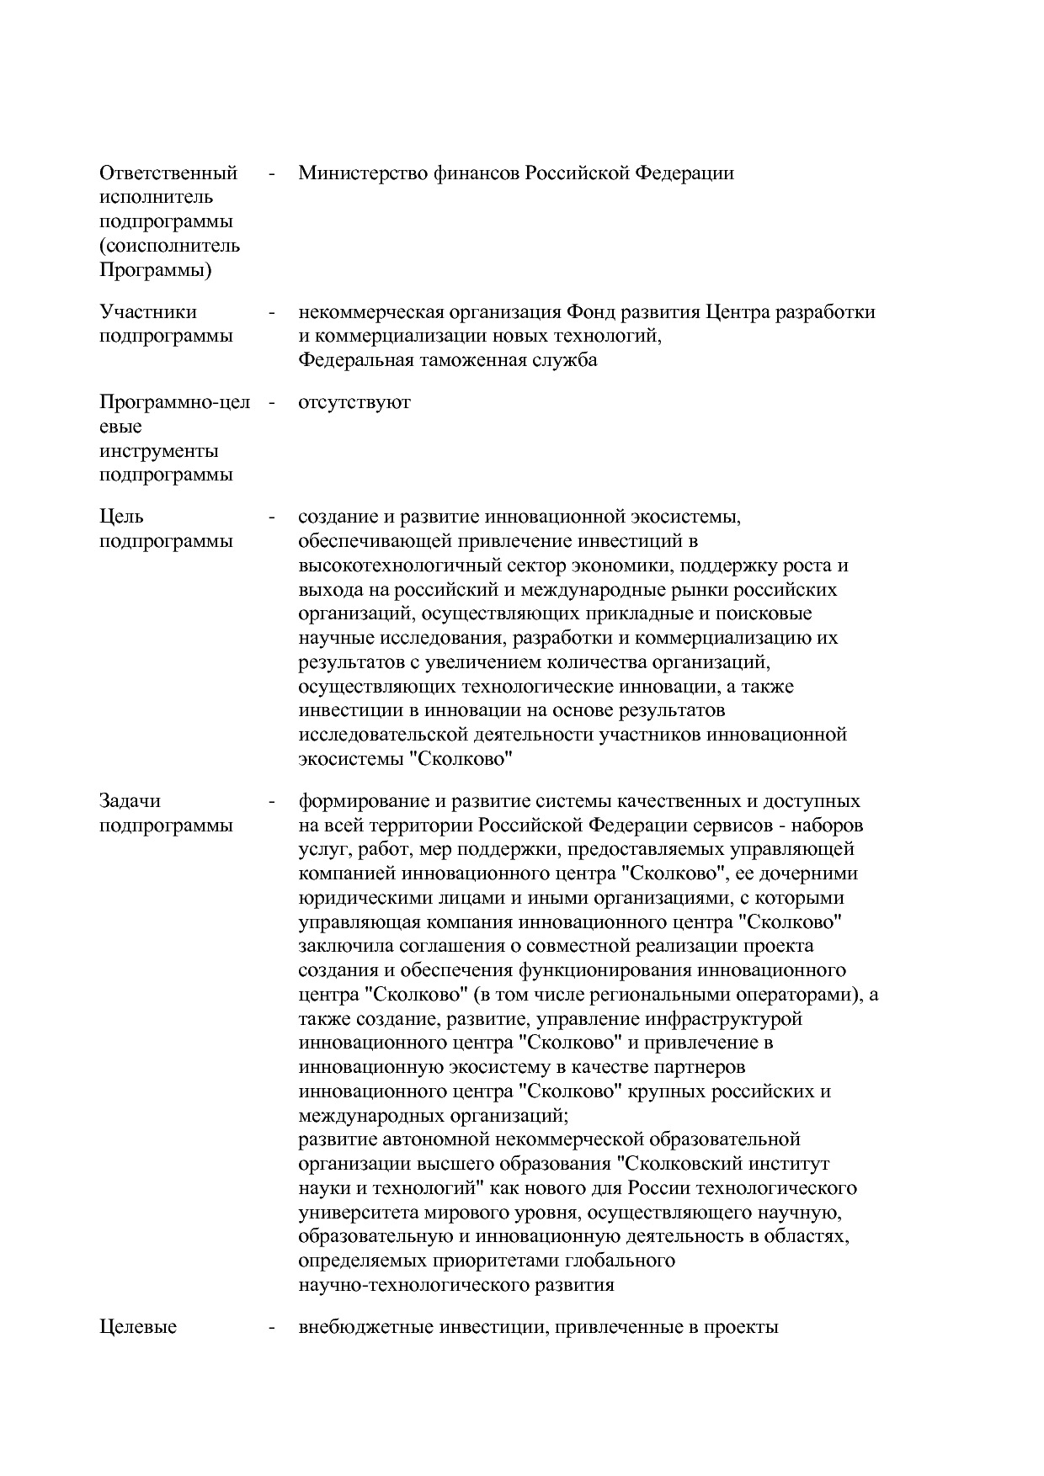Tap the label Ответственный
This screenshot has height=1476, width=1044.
point(168,173)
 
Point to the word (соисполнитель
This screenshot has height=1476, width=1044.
point(169,247)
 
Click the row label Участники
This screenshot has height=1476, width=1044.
point(148,312)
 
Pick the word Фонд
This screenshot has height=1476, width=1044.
point(590,312)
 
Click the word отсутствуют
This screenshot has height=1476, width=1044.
point(354,402)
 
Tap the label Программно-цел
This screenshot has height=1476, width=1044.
point(175,402)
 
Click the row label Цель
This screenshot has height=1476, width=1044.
point(122,517)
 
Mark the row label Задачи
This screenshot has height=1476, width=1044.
point(130,801)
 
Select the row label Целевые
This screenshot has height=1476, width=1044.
point(138,1328)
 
